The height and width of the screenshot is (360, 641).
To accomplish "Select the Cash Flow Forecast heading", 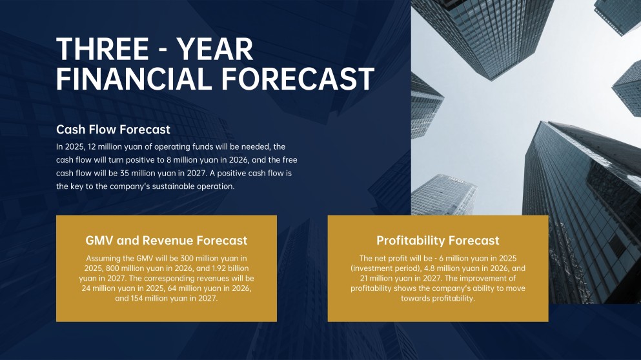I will click(113, 130).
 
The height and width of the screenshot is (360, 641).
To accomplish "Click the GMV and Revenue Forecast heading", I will click(167, 241).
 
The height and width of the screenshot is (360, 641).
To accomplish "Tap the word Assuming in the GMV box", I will click(101, 258).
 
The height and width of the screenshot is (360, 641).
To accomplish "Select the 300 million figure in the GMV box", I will click(184, 258).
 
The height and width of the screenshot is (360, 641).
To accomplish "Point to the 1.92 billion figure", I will click(228, 268).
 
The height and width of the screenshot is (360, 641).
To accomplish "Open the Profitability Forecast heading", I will click(438, 241).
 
